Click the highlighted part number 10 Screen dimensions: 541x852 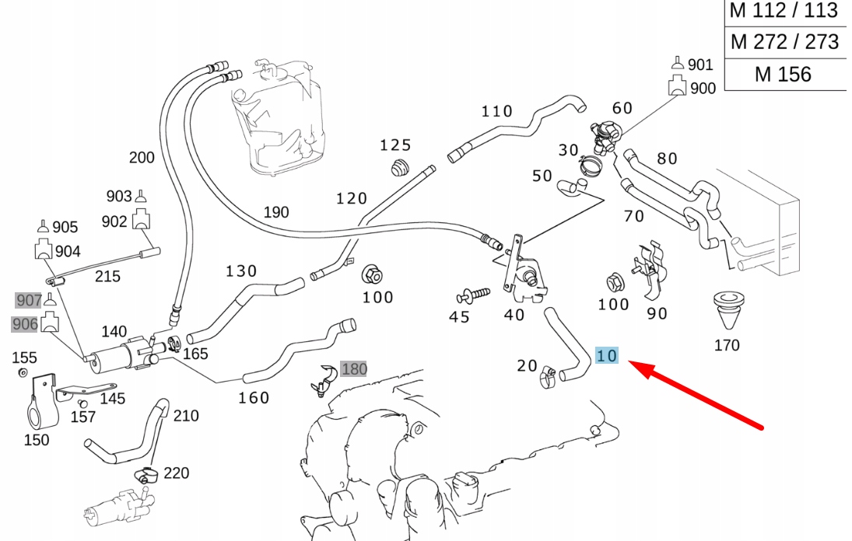click(x=607, y=356)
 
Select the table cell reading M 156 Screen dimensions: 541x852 click(x=783, y=75)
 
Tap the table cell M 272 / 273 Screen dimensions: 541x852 click(x=784, y=42)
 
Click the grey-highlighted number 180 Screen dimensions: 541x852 click(x=353, y=368)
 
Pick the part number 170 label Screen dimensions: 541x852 click(x=727, y=345)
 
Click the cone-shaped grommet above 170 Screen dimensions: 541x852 click(x=728, y=311)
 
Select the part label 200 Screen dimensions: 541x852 click(x=142, y=158)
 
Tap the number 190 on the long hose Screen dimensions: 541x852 click(x=276, y=212)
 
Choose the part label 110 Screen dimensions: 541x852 click(x=497, y=111)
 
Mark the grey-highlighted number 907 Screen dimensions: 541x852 click(x=29, y=299)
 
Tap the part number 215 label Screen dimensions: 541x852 click(x=107, y=276)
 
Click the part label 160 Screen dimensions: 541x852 click(x=254, y=398)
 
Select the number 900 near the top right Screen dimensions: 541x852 click(x=703, y=89)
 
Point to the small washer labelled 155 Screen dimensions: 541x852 click(x=23, y=374)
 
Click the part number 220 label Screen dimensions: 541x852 click(x=177, y=473)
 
